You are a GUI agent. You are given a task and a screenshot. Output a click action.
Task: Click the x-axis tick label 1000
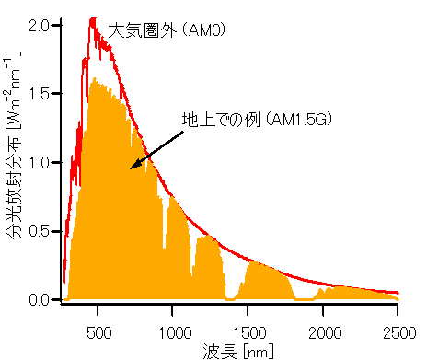click(172, 331)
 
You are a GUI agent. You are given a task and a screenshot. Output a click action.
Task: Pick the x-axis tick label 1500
click(248, 331)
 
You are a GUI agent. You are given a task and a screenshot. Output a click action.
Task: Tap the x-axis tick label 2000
click(323, 331)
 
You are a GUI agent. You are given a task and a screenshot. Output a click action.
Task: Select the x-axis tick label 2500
click(398, 331)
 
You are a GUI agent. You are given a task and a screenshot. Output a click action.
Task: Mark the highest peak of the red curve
click(93, 18)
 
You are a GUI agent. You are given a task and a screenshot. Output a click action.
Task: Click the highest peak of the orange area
click(96, 80)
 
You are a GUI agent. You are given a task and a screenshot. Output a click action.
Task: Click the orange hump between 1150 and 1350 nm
click(209, 267)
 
